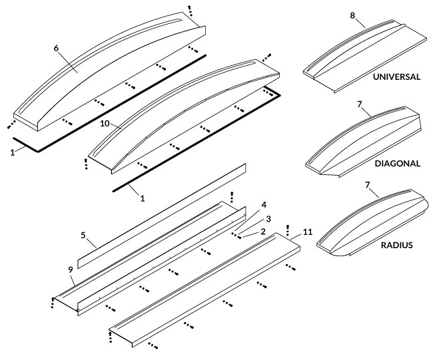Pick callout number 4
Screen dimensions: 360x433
point(263,205)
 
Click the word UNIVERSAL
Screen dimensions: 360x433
point(396,77)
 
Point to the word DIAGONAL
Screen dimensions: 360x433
point(398,163)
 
